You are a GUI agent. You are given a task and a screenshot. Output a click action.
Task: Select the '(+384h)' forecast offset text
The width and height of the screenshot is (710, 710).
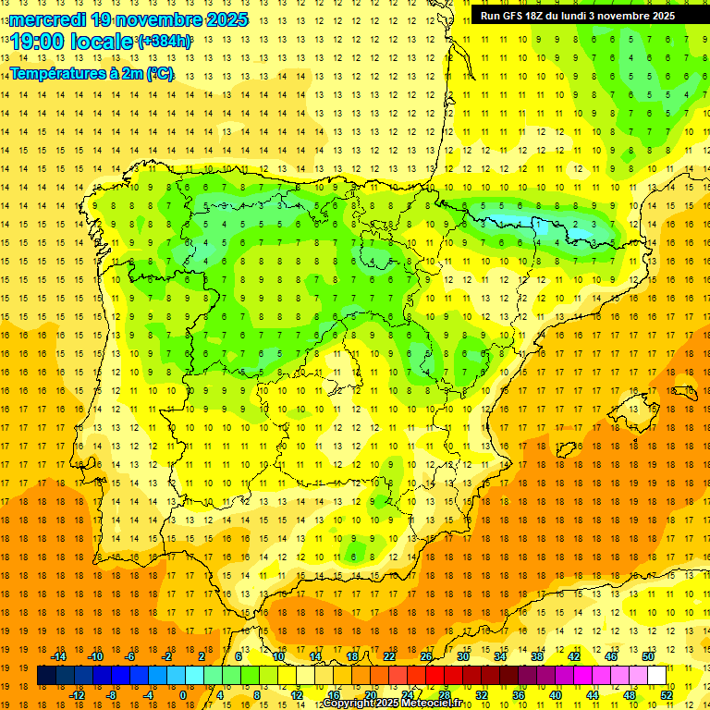tap(165, 42)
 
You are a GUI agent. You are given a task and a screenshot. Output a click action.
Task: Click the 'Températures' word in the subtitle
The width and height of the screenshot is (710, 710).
tap(56, 72)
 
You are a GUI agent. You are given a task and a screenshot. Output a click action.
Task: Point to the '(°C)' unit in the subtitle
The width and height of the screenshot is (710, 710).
tap(159, 72)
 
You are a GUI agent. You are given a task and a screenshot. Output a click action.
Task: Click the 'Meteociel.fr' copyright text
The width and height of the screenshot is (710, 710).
tap(430, 704)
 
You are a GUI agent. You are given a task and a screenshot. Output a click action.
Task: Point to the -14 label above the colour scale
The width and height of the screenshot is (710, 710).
tap(58, 656)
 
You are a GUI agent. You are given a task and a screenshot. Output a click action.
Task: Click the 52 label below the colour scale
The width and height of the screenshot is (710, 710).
tap(667, 695)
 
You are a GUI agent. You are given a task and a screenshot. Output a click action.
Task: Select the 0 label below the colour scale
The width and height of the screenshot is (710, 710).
tap(182, 695)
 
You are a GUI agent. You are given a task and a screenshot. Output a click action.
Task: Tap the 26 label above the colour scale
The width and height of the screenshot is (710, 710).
tap(426, 656)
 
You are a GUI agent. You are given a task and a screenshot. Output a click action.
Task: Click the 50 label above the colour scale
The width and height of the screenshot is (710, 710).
tap(647, 656)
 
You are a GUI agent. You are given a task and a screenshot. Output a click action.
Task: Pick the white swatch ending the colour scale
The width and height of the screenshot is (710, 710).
tap(656, 676)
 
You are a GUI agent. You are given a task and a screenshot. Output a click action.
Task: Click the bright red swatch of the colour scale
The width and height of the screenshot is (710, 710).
tap(435, 676)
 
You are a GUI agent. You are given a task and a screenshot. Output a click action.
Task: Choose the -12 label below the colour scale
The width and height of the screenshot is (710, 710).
tap(77, 695)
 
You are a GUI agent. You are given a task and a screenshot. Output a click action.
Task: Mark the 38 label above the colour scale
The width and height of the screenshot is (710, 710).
tap(537, 656)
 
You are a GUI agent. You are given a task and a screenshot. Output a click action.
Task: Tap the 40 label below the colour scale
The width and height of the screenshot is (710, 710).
tap(556, 695)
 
